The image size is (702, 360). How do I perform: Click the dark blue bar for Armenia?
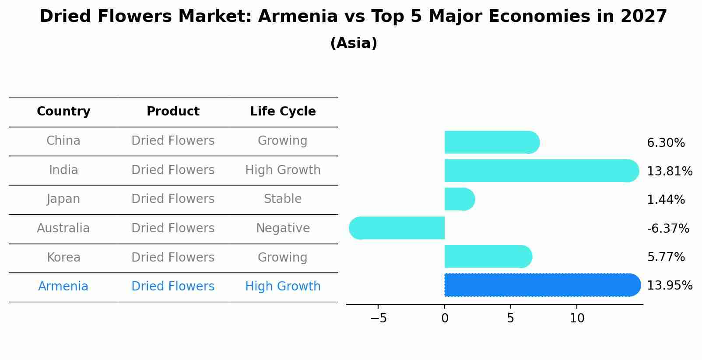pyautogui.click(x=542, y=285)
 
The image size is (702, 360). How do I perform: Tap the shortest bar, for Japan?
pyautogui.click(x=459, y=199)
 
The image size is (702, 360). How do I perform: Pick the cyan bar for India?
pyautogui.click(x=541, y=171)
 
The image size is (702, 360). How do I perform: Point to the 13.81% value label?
pyautogui.click(x=669, y=171)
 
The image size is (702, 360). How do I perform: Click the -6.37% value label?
pyautogui.click(x=667, y=229)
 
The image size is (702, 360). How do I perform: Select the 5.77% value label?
pyautogui.click(x=665, y=257)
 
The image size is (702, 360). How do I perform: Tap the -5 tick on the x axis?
pyautogui.click(x=379, y=318)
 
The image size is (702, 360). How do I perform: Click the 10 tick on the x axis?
pyautogui.click(x=577, y=318)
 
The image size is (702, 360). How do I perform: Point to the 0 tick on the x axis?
pyautogui.click(x=445, y=318)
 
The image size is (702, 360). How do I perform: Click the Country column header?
pyautogui.click(x=63, y=112)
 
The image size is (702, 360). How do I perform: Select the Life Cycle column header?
pyautogui.click(x=283, y=112)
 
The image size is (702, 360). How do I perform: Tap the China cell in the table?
pyautogui.click(x=63, y=141)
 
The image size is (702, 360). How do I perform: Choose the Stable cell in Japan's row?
pyautogui.click(x=283, y=199)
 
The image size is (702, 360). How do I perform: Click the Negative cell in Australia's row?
pyautogui.click(x=283, y=228)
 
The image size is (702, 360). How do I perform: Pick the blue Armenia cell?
pyautogui.click(x=63, y=287)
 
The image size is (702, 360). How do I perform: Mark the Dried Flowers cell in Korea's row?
pyautogui.click(x=173, y=257)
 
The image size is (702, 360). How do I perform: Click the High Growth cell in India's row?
pyautogui.click(x=283, y=170)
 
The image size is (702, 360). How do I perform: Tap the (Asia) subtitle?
pyautogui.click(x=354, y=43)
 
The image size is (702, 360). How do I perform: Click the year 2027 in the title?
pyautogui.click(x=643, y=17)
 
